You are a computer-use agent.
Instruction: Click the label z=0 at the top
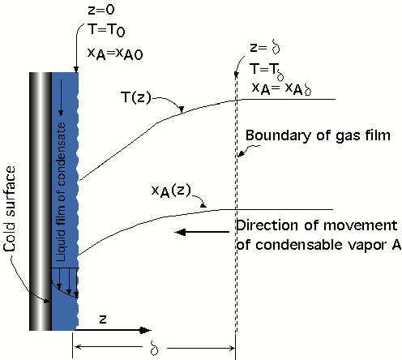101,10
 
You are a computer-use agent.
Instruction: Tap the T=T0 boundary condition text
106,29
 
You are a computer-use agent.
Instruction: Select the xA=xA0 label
115,54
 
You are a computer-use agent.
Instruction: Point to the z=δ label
265,48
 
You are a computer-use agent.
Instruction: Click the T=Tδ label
267,71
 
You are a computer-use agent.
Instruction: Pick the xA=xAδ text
281,88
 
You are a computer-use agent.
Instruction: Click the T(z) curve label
136,97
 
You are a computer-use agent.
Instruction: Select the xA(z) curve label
171,191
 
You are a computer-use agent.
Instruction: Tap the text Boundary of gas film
318,135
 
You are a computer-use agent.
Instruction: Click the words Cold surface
10,208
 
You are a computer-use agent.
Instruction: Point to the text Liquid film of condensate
61,192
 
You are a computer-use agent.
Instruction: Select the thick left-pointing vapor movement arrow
202,232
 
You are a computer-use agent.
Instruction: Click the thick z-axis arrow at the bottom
113,330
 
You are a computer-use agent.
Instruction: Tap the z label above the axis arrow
103,319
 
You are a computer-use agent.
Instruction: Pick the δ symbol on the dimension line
154,348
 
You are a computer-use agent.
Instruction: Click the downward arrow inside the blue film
61,97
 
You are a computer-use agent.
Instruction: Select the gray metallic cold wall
41,201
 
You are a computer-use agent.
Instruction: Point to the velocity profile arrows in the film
66,282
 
